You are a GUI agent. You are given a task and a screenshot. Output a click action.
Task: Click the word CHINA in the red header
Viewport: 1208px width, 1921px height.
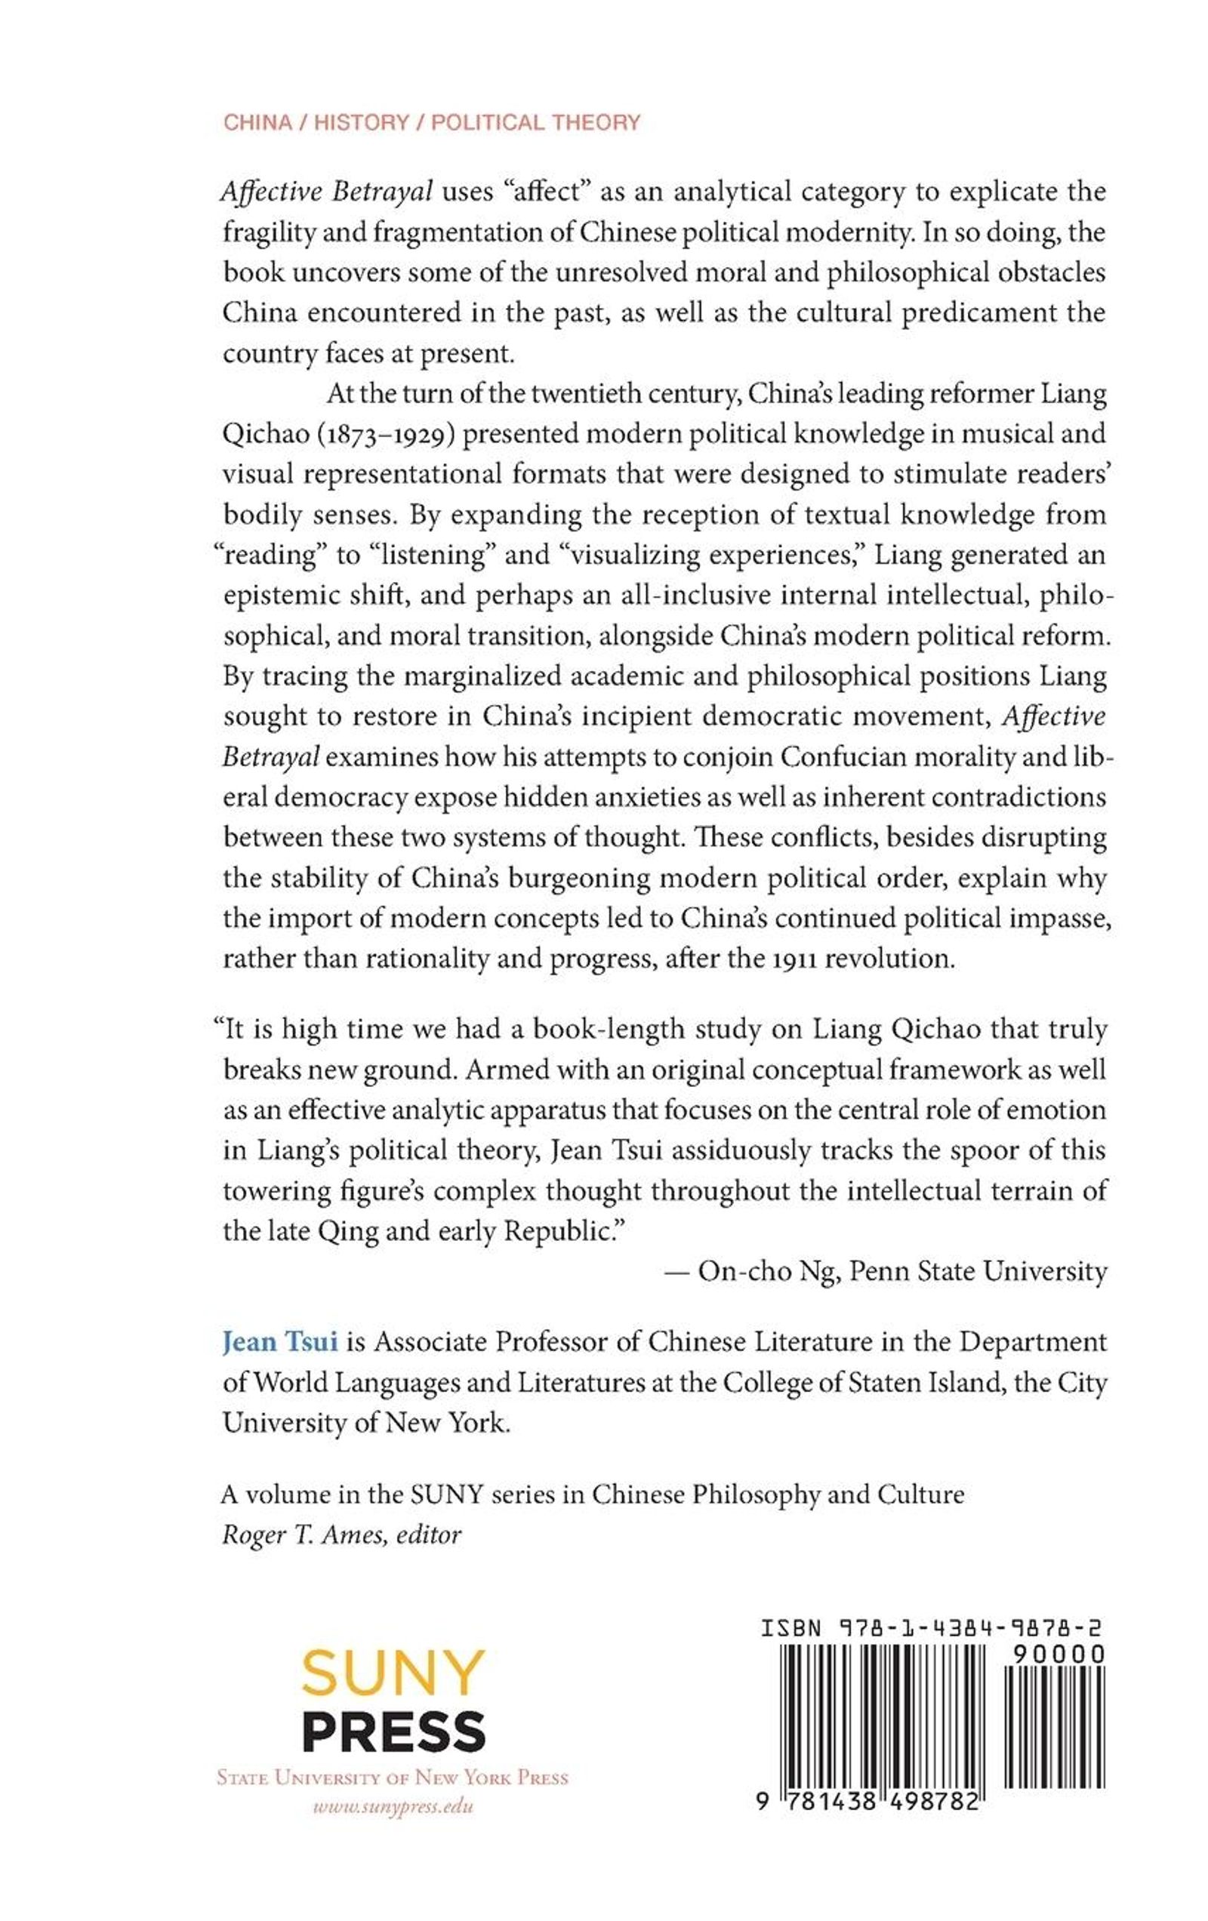(x=257, y=122)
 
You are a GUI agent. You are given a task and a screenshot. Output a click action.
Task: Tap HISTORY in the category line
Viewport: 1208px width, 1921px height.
(x=362, y=122)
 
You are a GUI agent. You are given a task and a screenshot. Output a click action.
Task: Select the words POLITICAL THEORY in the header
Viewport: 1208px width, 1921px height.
(x=536, y=122)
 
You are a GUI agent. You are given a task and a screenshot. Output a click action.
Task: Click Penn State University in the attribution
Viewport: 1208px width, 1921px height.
(x=978, y=1271)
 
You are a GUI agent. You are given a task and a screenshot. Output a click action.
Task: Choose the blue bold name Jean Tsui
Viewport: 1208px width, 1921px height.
(x=280, y=1342)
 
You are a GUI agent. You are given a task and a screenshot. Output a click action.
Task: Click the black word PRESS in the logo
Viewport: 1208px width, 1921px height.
(x=393, y=1731)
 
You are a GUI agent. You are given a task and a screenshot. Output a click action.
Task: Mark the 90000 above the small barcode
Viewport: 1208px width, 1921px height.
(x=1058, y=1655)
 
